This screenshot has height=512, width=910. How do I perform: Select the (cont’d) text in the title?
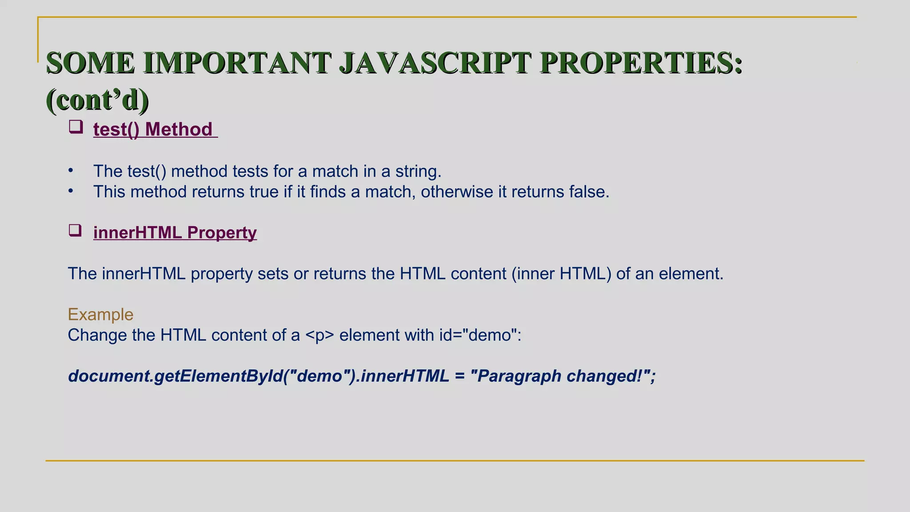[97, 100]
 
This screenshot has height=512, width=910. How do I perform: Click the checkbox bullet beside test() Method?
[76, 127]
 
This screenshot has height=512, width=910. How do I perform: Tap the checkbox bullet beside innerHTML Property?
[75, 230]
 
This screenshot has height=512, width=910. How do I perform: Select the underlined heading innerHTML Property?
[175, 232]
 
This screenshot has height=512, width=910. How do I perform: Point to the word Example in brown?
[100, 314]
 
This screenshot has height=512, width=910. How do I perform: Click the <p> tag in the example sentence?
[319, 335]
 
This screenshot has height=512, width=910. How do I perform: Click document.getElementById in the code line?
[175, 376]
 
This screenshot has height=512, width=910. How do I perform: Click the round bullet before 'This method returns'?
[71, 191]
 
